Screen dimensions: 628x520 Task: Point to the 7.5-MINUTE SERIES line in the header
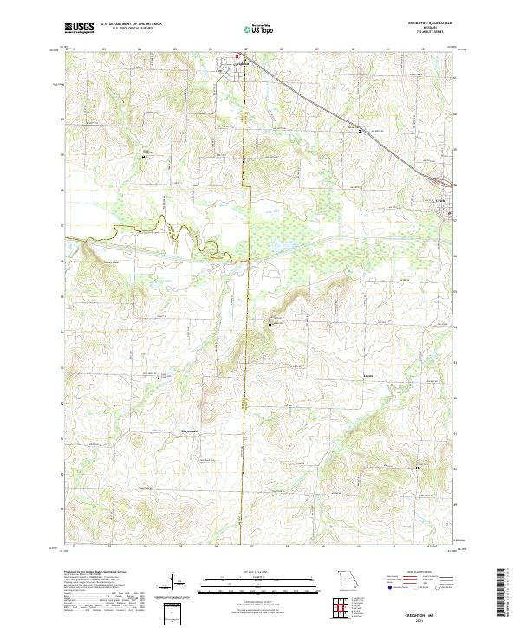[436, 33]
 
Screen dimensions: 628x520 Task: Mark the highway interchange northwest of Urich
[443, 183]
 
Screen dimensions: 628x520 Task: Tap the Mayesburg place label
[190, 427]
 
